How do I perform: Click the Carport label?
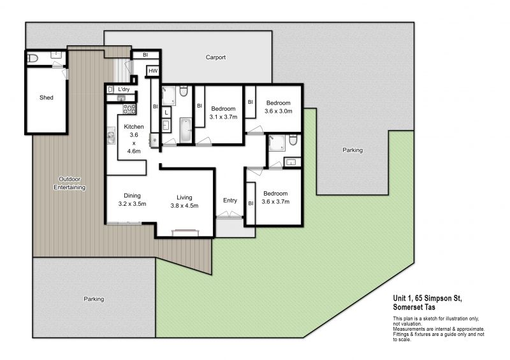(215, 57)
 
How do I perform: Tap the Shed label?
(46, 97)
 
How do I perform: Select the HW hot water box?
(153, 71)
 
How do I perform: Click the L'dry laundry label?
(124, 89)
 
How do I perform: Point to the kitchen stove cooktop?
(129, 108)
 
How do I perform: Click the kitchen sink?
(111, 135)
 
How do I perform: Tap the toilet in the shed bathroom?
(33, 59)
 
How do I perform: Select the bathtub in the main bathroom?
(186, 130)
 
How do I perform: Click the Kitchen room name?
(134, 127)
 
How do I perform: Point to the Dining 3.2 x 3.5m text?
(132, 199)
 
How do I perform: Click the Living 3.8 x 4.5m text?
(184, 201)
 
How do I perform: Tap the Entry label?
(230, 201)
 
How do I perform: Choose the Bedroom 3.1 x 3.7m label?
(223, 113)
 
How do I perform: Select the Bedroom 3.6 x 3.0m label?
(278, 107)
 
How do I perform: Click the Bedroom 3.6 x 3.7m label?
(275, 198)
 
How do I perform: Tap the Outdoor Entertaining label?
(69, 183)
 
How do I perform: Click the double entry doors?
(229, 215)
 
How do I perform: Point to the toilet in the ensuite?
(293, 140)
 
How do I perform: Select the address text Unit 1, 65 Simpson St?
(427, 298)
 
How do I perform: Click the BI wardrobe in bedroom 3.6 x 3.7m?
(251, 204)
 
